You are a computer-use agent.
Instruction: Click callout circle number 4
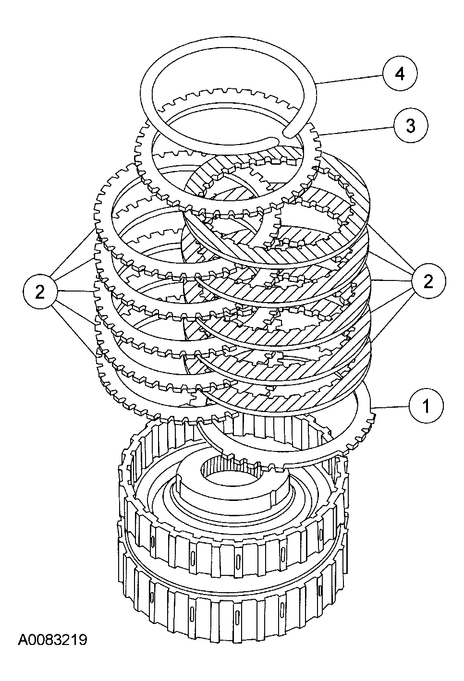(400, 74)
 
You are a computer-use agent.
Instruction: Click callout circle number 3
(411, 126)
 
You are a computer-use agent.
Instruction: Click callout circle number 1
(426, 406)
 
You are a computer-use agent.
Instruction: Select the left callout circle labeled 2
(40, 292)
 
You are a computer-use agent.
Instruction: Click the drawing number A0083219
(52, 640)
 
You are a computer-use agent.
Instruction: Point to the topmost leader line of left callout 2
(74, 255)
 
